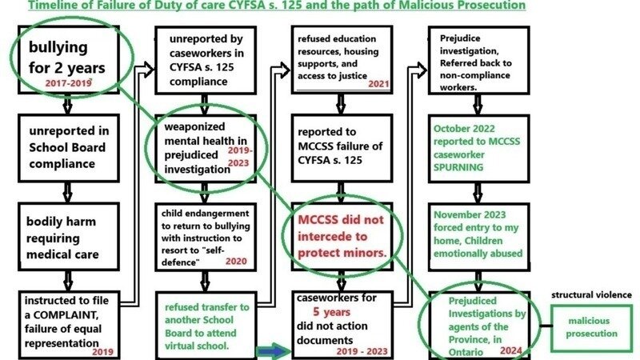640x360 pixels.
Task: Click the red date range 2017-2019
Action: click(70, 82)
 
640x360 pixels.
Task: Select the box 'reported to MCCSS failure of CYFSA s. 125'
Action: click(340, 147)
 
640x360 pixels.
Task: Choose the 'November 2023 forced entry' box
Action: click(478, 236)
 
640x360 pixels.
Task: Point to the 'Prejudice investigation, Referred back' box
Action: click(478, 61)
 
